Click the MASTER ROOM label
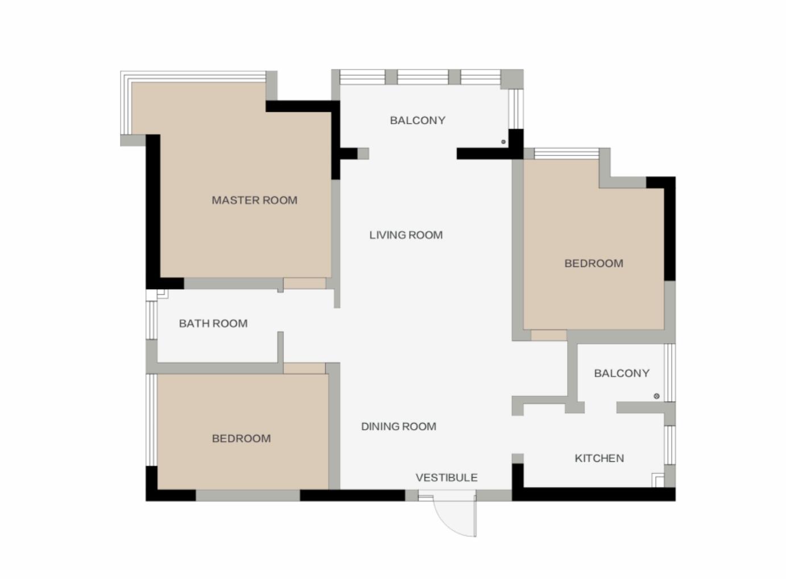(x=254, y=200)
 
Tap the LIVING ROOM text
(x=406, y=235)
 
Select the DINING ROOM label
(x=399, y=426)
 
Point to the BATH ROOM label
(x=213, y=323)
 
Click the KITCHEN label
(x=599, y=458)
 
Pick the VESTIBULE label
(x=446, y=478)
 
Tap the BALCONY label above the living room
(x=417, y=121)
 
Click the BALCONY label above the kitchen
(x=622, y=373)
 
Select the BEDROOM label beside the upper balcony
(x=594, y=264)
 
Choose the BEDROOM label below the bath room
(x=241, y=438)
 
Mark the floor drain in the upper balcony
(x=503, y=142)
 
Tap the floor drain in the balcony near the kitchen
(x=656, y=396)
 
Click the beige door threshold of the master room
(x=305, y=284)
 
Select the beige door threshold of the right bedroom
(x=549, y=335)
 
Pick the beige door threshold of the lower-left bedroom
(x=304, y=368)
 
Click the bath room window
(x=152, y=320)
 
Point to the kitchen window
(x=670, y=445)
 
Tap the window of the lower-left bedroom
(x=152, y=420)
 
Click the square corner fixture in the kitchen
(x=658, y=481)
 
